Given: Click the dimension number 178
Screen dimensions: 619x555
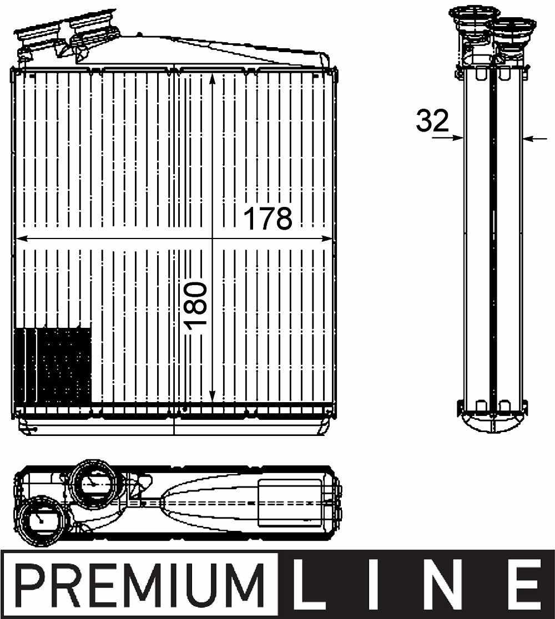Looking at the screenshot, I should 268,219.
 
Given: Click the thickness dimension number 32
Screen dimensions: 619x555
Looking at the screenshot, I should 432,121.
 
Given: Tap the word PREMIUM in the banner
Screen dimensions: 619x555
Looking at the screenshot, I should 139,586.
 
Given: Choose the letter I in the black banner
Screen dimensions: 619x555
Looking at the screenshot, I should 381,586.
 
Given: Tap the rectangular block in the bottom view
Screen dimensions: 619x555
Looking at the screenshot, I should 290,503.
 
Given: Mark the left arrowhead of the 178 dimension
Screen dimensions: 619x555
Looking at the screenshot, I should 23,239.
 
